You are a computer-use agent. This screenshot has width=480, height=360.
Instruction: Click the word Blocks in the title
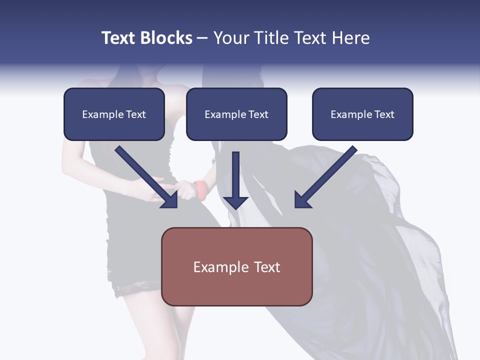(166, 38)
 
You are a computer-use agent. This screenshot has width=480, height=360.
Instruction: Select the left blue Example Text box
(114, 114)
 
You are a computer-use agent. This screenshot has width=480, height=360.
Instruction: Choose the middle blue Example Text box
(236, 114)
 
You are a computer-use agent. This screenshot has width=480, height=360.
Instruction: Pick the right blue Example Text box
(362, 114)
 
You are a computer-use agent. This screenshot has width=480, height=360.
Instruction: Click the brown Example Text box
(236, 266)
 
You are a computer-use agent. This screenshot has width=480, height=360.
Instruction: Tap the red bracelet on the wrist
(201, 190)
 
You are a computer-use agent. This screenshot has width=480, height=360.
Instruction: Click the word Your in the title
(230, 38)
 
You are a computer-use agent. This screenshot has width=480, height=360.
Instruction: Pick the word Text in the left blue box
(136, 114)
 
